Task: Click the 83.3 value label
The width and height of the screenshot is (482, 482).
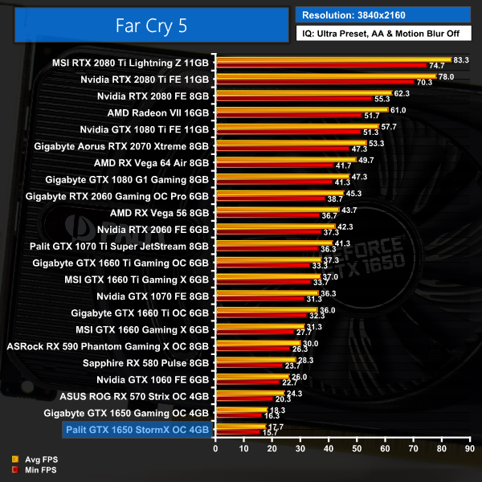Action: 461,59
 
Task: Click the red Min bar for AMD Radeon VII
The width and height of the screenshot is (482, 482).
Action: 289,116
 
